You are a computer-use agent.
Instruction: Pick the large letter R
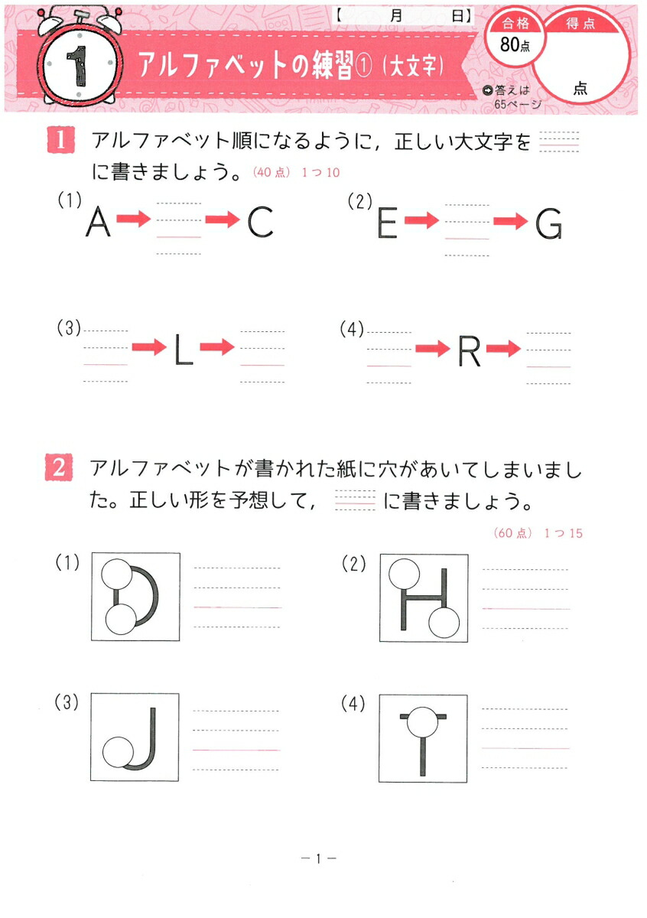(x=468, y=350)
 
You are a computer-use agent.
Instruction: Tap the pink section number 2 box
(x=60, y=467)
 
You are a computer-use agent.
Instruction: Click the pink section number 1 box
(x=60, y=142)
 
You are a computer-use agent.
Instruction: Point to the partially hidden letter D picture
(x=135, y=597)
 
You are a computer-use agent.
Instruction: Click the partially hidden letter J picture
(x=135, y=737)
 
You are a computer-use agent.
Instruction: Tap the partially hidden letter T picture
(x=423, y=739)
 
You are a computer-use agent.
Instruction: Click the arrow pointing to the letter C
(x=223, y=220)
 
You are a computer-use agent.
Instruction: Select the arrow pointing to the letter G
(x=510, y=221)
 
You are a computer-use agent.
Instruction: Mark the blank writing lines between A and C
(x=179, y=228)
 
